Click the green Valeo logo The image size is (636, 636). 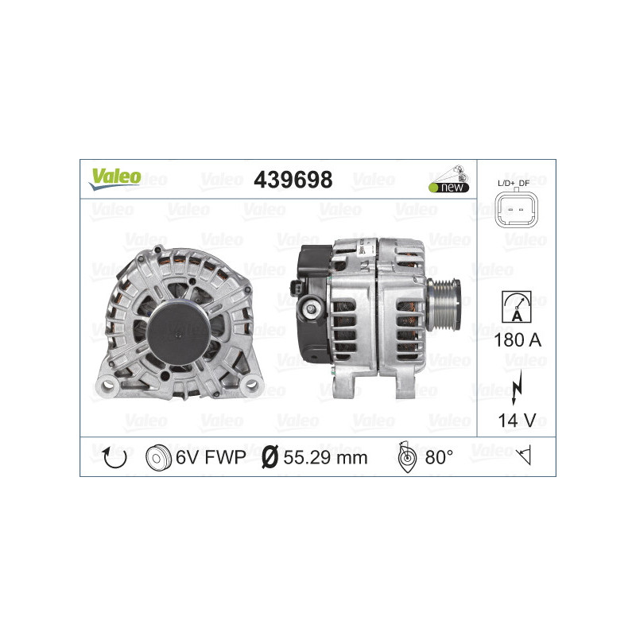pyautogui.click(x=114, y=178)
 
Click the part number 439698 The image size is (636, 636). pyautogui.click(x=293, y=180)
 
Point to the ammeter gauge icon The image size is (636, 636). pyautogui.click(x=516, y=307)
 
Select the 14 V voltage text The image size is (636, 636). pyautogui.click(x=516, y=421)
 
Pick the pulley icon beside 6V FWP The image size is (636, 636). pyautogui.click(x=159, y=457)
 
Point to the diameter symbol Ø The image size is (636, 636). pyautogui.click(x=270, y=457)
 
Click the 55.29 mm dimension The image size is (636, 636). pyautogui.click(x=326, y=457)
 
